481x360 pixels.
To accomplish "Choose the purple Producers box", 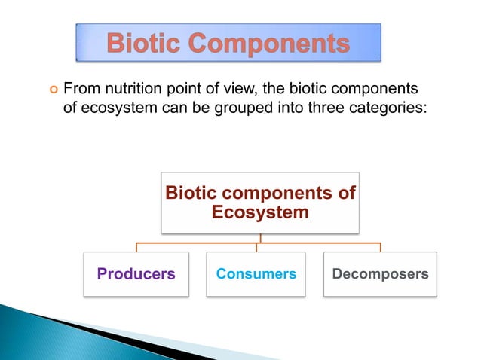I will tap(136, 274).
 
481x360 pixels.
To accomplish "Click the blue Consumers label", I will tap(256, 274).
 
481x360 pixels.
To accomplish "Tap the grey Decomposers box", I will tap(380, 274).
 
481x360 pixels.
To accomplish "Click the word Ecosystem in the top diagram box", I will tap(260, 212).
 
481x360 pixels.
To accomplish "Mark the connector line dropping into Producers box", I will tap(136, 247).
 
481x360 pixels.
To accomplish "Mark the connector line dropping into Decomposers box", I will tap(380, 247).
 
